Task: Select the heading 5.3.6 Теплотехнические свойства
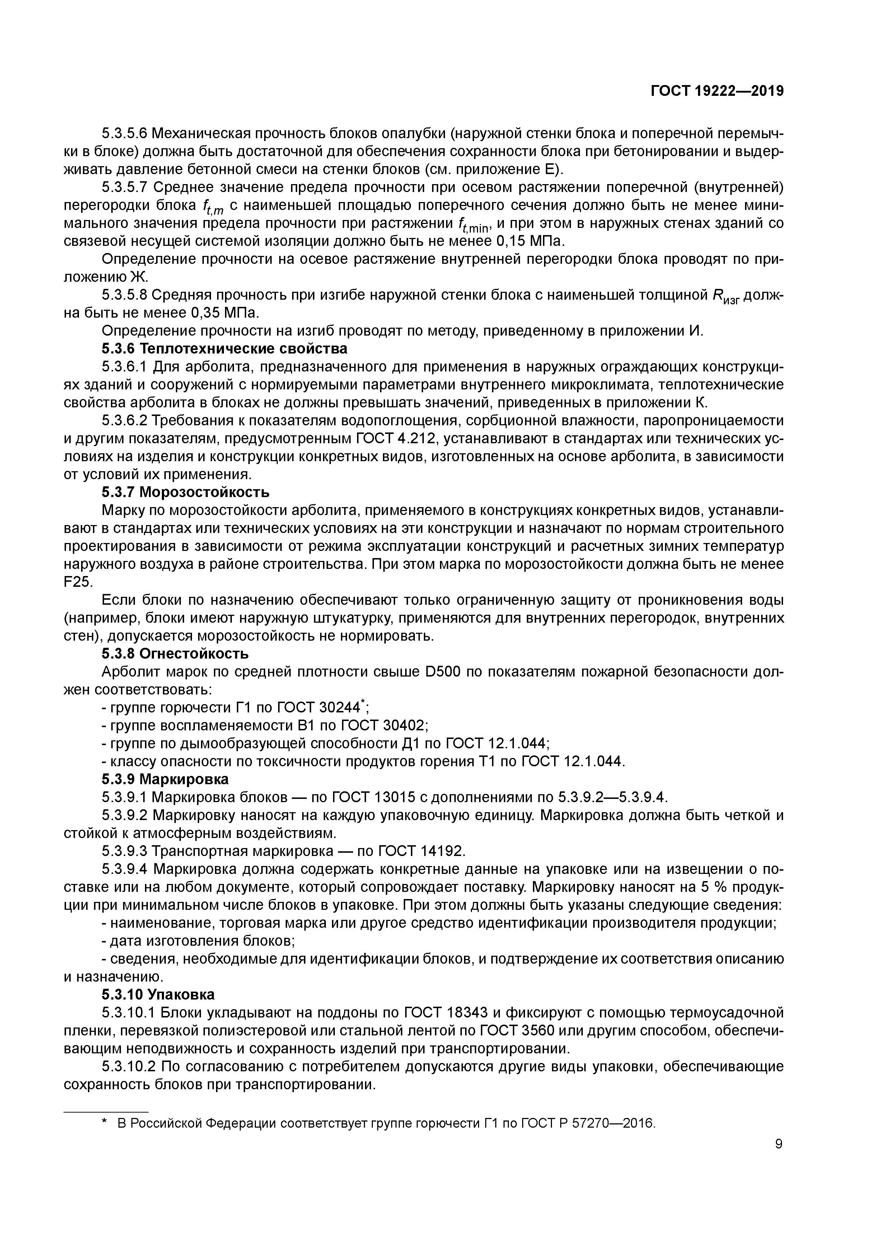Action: tap(224, 349)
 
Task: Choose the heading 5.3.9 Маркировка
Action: tap(165, 779)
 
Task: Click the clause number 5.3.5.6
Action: tap(125, 133)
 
